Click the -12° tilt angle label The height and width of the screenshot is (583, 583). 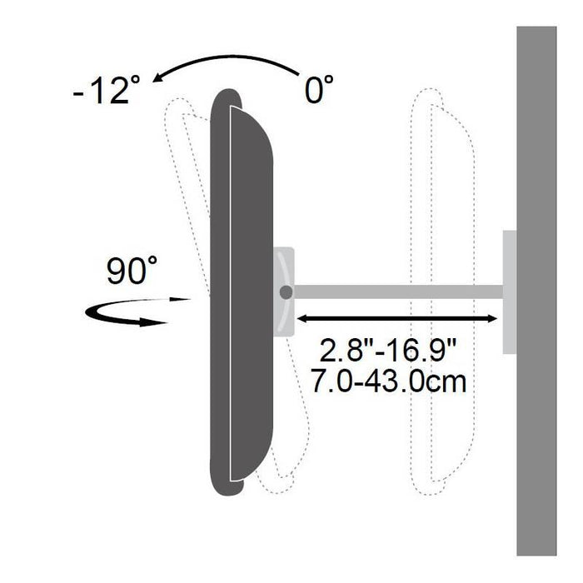click(107, 89)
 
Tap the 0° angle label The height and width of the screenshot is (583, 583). click(319, 89)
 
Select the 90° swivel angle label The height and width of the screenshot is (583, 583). click(132, 271)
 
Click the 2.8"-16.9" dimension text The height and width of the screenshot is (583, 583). click(387, 351)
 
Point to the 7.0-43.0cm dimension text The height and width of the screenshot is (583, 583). click(388, 381)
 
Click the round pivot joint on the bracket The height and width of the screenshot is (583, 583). click(286, 292)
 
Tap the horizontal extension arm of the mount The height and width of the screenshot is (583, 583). click(398, 291)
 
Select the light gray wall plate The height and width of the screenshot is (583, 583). click(510, 291)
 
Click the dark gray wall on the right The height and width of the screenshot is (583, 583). click(536, 291)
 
